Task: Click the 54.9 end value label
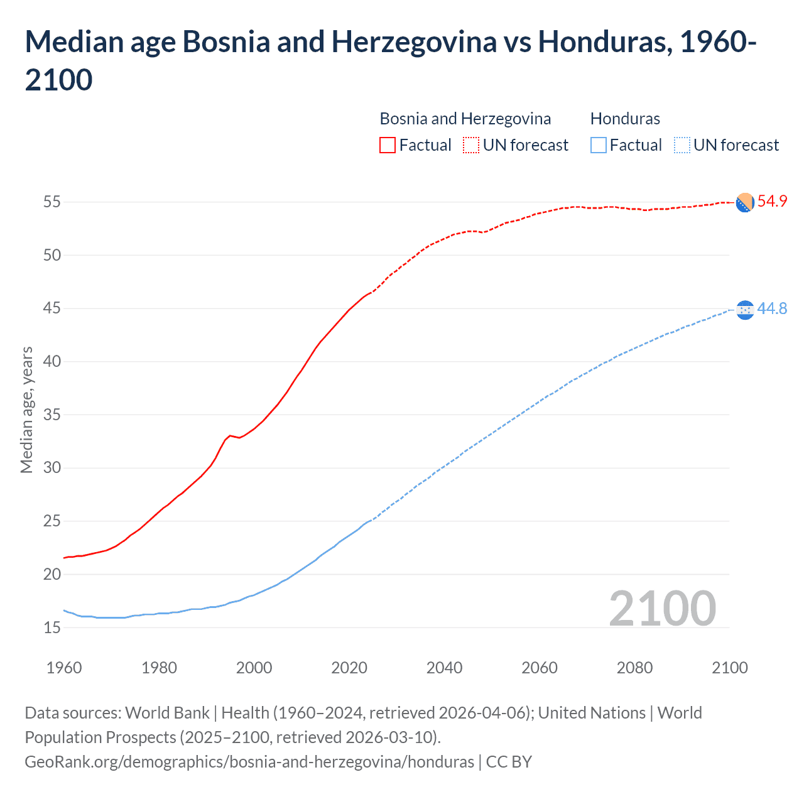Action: (772, 202)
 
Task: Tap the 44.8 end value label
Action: (772, 309)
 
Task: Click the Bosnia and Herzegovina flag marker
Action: (744, 203)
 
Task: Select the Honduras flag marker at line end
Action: (744, 310)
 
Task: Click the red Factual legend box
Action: (388, 145)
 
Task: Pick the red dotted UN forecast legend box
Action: (471, 145)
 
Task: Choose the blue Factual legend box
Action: (599, 145)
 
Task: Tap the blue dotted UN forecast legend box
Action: (682, 145)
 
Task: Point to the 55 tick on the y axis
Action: (52, 202)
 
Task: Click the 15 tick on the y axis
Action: (52, 627)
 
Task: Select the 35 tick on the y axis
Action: (52, 415)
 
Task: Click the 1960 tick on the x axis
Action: (64, 668)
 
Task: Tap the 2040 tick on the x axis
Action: (444, 668)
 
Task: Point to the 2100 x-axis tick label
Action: (729, 668)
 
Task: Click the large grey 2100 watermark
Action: (662, 608)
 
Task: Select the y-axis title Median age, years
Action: (26, 410)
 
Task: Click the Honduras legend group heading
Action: (625, 119)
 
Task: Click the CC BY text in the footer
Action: (509, 762)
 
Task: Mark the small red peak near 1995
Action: (230, 435)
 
